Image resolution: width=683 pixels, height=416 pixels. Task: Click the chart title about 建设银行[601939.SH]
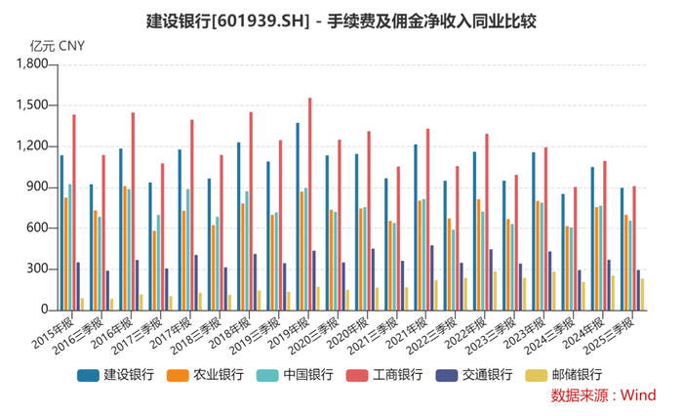[341, 21]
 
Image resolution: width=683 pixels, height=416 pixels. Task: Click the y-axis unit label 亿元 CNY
[58, 45]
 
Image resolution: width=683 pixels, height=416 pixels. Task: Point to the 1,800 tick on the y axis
[32, 64]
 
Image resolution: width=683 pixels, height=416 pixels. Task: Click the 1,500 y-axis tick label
[32, 105]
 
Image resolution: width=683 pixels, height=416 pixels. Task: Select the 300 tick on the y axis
[37, 270]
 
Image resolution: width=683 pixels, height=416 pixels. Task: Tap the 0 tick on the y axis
[43, 311]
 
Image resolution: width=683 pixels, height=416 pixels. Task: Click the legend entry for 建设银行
[116, 374]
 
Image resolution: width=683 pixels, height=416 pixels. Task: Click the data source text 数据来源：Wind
[603, 395]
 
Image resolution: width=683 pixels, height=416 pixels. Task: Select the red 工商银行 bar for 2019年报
[310, 204]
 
